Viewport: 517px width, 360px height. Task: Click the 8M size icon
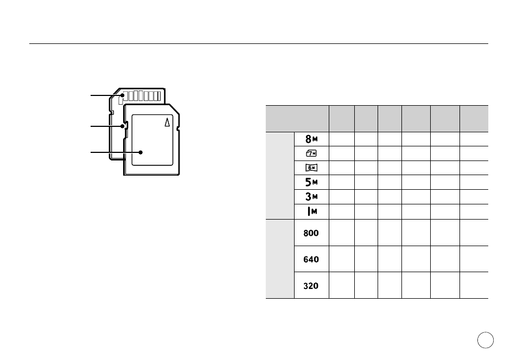[311, 139]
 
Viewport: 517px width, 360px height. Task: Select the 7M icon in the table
[311, 153]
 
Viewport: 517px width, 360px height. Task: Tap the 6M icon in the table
[311, 168]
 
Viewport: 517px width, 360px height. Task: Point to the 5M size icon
[311, 182]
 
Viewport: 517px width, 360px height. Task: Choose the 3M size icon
[311, 196]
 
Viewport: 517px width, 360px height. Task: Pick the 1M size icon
[312, 211]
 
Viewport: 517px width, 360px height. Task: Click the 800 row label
[311, 233]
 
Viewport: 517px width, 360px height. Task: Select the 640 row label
[311, 260]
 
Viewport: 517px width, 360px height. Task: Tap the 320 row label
[311, 286]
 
